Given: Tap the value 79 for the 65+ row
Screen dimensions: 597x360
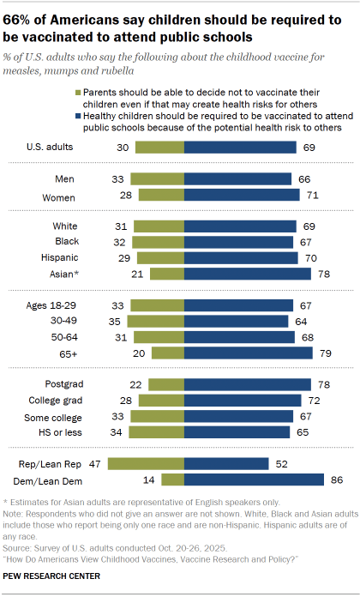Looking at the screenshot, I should (324, 353).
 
